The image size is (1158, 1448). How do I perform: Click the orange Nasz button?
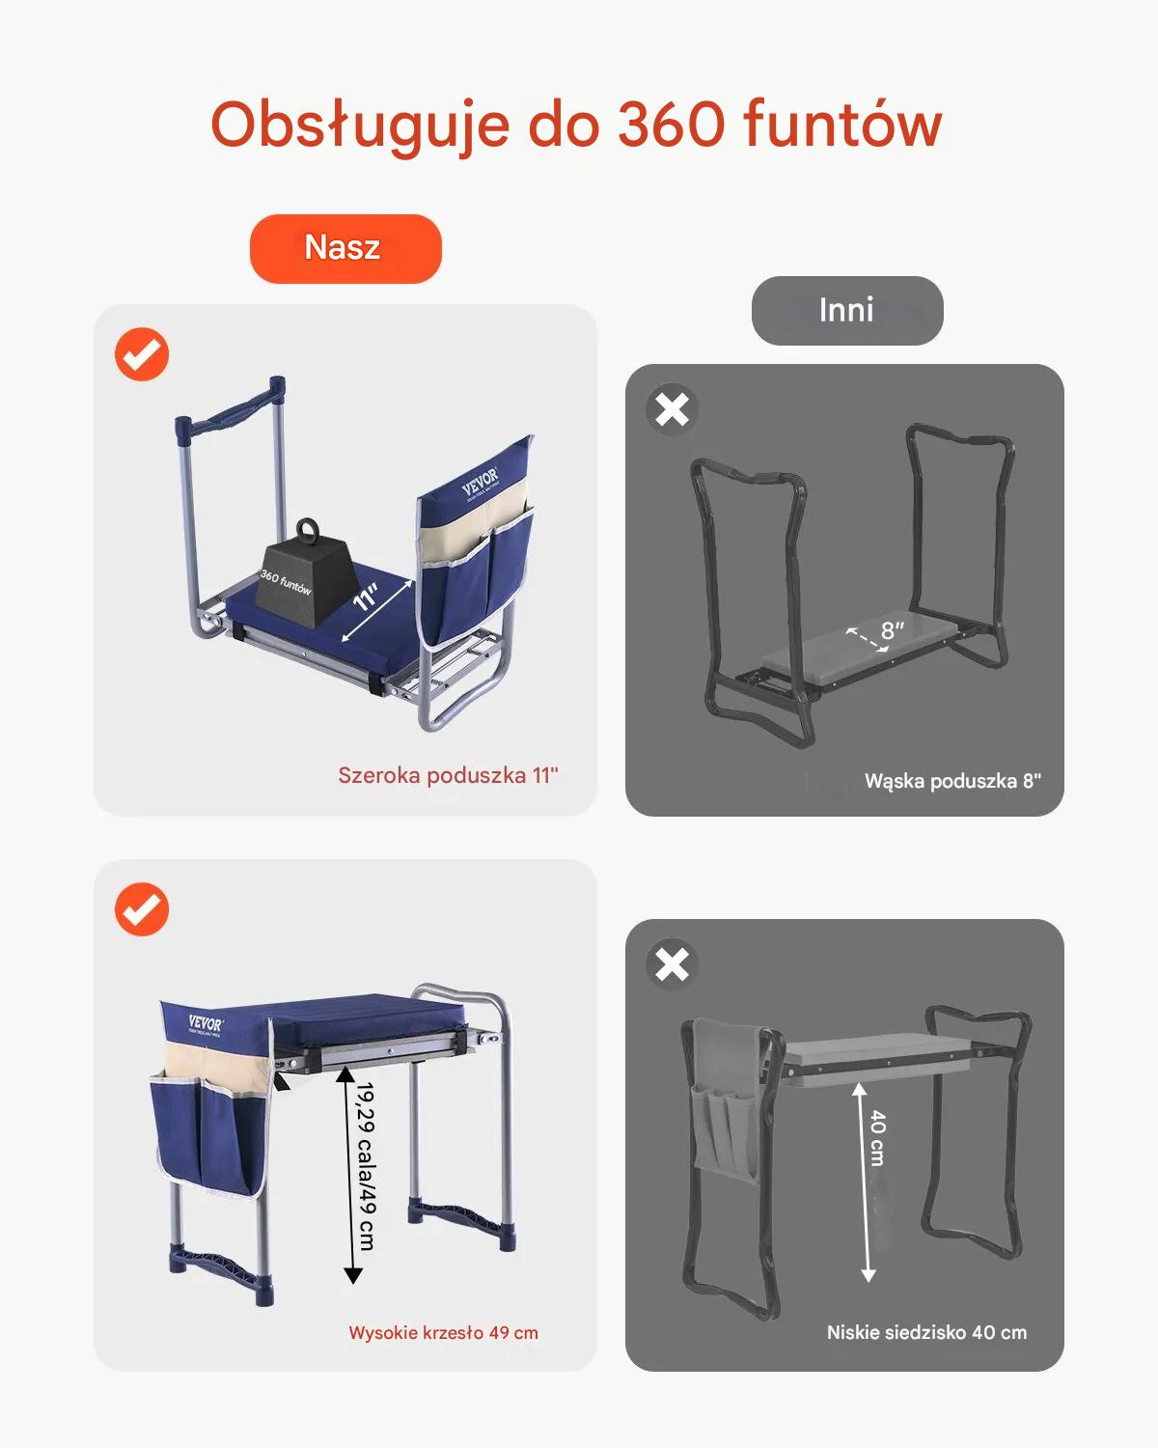coord(345,248)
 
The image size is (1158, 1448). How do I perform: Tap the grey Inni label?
coord(847,310)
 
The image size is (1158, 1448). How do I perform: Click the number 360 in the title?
coord(672,124)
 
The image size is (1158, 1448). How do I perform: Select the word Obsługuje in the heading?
coord(360,127)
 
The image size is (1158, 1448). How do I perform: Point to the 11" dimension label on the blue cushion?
coord(367,597)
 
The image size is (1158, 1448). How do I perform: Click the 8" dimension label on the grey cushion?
coord(893,630)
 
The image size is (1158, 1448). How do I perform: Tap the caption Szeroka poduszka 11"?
coord(448,775)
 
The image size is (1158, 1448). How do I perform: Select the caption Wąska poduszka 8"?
coord(952,781)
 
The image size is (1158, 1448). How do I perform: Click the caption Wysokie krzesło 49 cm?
coord(444,1332)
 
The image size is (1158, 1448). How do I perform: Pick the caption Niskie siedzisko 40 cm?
coord(926,1332)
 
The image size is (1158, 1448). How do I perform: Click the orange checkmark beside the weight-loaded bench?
coord(141,354)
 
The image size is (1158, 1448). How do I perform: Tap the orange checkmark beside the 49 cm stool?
coord(141,909)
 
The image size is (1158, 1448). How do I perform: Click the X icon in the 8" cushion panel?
coord(672,409)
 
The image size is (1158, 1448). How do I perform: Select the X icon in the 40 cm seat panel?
coord(672,964)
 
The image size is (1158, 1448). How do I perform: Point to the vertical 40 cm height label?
coord(877,1138)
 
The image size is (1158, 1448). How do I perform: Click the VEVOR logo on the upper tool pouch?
coord(481,481)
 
